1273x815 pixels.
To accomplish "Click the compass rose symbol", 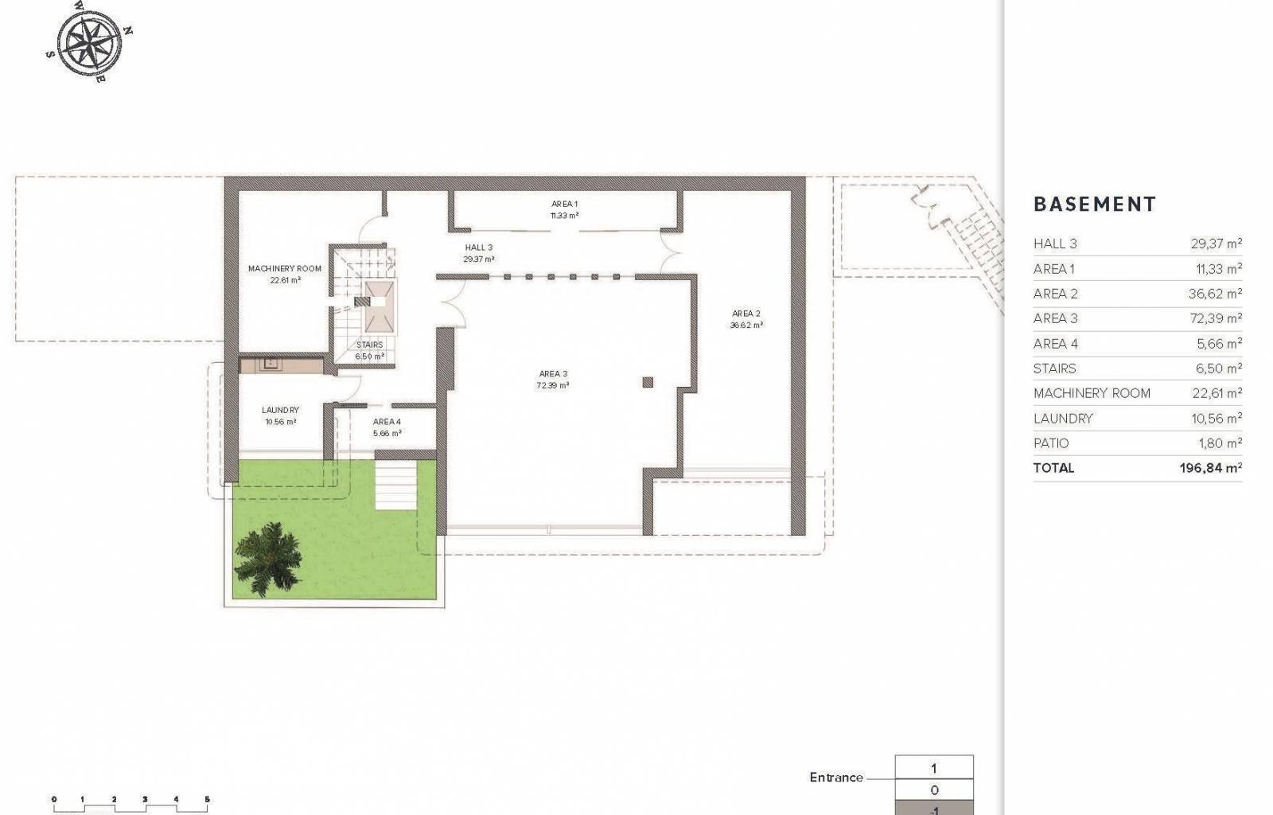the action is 89,43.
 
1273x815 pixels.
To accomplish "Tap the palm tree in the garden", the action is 267,560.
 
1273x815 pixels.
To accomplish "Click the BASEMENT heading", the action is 1095,205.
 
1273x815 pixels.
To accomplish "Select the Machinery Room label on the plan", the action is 285,268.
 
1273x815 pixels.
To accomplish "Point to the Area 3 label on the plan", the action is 553,373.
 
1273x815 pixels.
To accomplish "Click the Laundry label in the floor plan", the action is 280,410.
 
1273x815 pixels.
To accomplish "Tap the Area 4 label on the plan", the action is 387,422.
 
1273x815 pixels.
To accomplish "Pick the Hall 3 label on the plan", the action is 478,248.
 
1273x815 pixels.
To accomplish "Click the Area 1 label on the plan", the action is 564,204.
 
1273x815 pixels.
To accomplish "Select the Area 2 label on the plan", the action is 746,313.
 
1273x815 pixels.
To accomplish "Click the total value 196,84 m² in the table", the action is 1210,468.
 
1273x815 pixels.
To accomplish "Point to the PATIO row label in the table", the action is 1051,443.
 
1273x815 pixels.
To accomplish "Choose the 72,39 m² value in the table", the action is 1216,318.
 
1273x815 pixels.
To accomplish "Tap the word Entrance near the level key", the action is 836,777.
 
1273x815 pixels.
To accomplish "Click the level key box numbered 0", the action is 934,790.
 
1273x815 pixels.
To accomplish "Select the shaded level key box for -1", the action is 934,808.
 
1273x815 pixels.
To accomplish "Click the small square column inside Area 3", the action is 648,382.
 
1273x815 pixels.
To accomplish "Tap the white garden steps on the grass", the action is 396,485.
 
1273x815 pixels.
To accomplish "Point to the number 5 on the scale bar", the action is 207,799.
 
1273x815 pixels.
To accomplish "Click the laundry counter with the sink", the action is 282,365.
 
